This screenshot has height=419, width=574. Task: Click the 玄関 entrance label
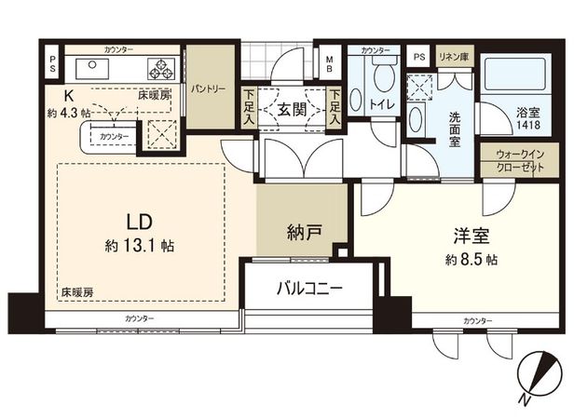(x=293, y=109)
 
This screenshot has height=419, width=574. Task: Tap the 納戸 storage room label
(x=305, y=232)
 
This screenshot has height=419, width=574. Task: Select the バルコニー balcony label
(x=308, y=288)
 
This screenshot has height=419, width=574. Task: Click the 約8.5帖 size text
(x=471, y=257)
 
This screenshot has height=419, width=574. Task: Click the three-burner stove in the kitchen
(x=160, y=68)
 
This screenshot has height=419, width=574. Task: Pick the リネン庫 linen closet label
(x=453, y=56)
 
